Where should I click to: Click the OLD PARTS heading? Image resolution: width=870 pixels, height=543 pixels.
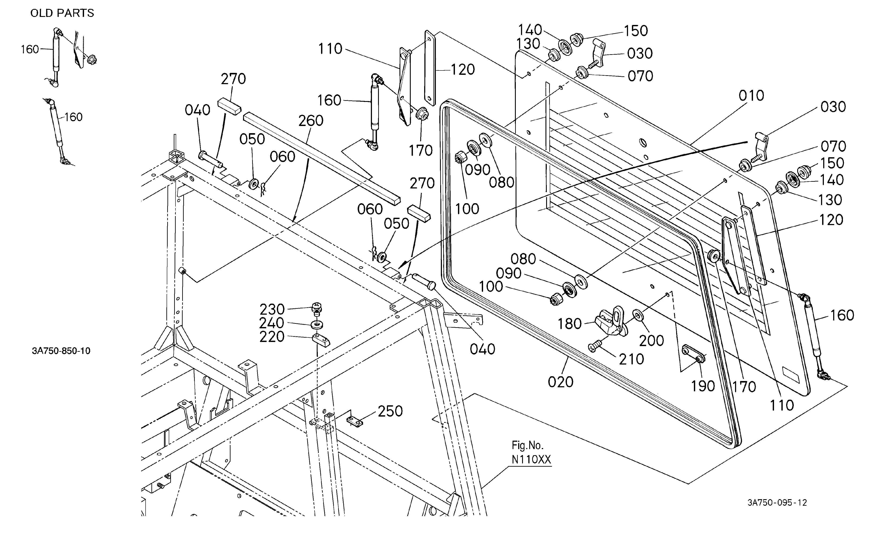point(62,13)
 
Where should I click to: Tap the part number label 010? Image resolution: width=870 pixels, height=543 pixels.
point(751,96)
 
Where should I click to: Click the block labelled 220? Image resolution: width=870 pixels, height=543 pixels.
point(321,339)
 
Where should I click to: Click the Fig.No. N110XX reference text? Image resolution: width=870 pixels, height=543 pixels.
point(531,453)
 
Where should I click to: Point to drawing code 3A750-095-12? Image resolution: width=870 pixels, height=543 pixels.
point(777,503)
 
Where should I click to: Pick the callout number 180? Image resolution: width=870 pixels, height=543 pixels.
point(569,324)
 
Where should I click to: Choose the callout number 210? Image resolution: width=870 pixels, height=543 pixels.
point(632,359)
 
